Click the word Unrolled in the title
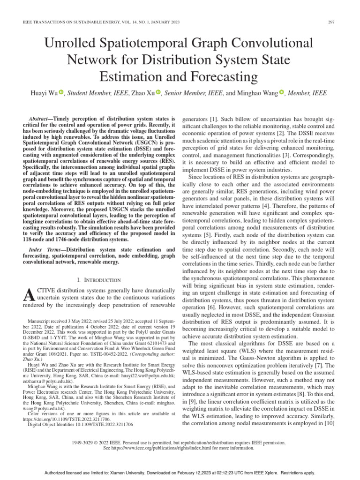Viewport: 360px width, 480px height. [x=72, y=44]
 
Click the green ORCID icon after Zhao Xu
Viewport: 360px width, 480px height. [x=158, y=93]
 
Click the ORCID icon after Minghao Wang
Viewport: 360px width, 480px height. [x=282, y=93]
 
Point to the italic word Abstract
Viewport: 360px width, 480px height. [x=40, y=119]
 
